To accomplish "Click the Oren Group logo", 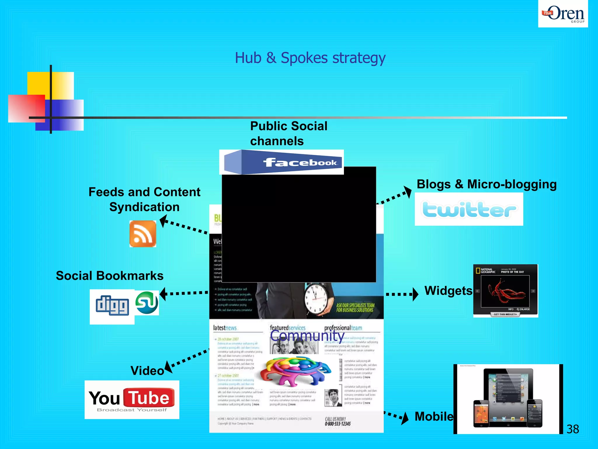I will click(563, 14).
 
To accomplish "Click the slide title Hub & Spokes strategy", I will click(310, 58).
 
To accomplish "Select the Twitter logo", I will click(469, 209).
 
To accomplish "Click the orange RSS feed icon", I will click(143, 234).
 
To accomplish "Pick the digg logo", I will click(112, 305).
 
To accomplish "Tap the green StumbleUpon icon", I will click(147, 303).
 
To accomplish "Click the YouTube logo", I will click(132, 399).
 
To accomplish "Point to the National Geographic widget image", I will click(505, 291).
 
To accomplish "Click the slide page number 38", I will click(572, 429).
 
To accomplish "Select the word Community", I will click(307, 336).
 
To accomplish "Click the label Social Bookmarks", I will click(109, 276).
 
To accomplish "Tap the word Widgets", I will click(448, 291).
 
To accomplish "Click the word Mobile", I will click(434, 416).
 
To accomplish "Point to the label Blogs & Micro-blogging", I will click(486, 184).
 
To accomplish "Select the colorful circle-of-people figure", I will click(295, 370).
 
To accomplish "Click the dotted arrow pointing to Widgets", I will click(401, 294).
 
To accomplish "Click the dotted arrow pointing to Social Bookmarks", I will click(184, 293).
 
